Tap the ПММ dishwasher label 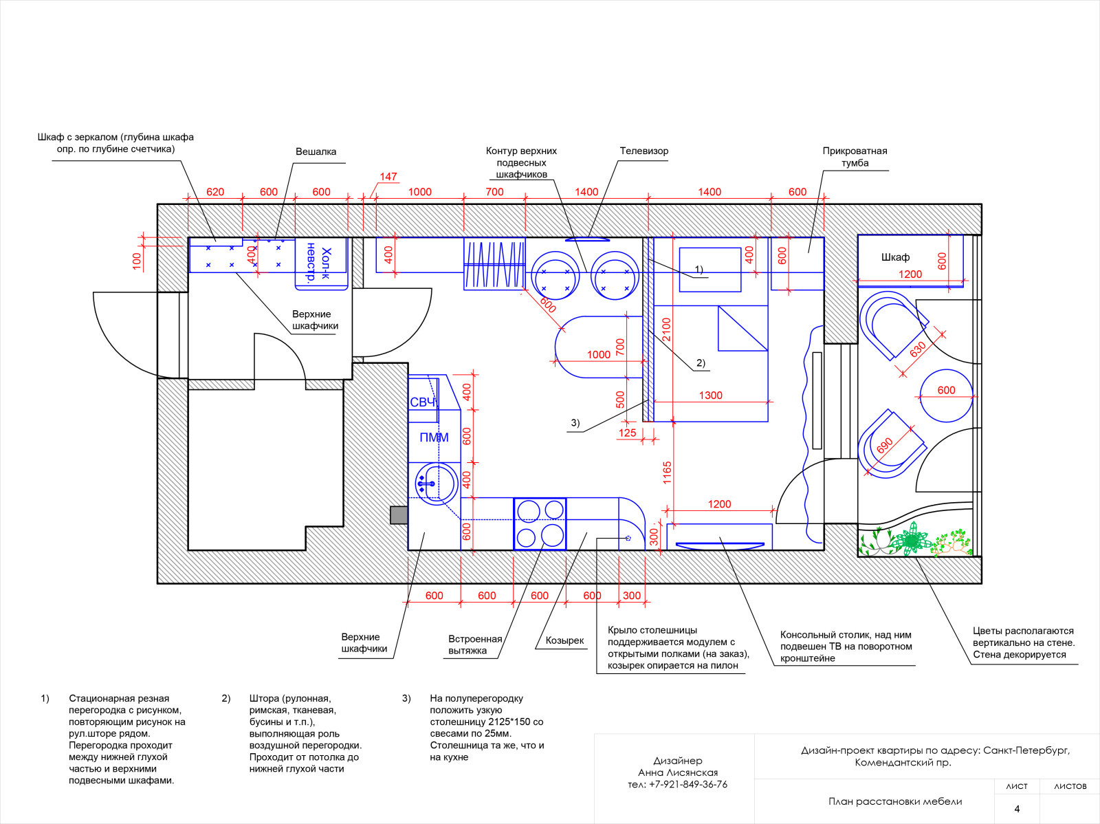[x=434, y=437]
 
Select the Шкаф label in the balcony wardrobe [x=895, y=257]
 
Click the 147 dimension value [x=388, y=177]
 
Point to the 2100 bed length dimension [x=666, y=329]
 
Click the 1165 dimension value [x=667, y=473]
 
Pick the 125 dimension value [x=628, y=433]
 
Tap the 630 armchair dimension [x=918, y=349]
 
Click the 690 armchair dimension [x=885, y=445]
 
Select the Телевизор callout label [x=644, y=151]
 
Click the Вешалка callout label [x=316, y=151]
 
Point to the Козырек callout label [x=565, y=640]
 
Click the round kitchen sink [x=437, y=484]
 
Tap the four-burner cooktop [x=540, y=524]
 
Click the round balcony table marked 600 [x=946, y=396]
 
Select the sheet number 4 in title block [x=1017, y=808]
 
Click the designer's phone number [x=678, y=784]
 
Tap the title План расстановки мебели [x=895, y=801]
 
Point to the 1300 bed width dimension [x=711, y=395]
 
